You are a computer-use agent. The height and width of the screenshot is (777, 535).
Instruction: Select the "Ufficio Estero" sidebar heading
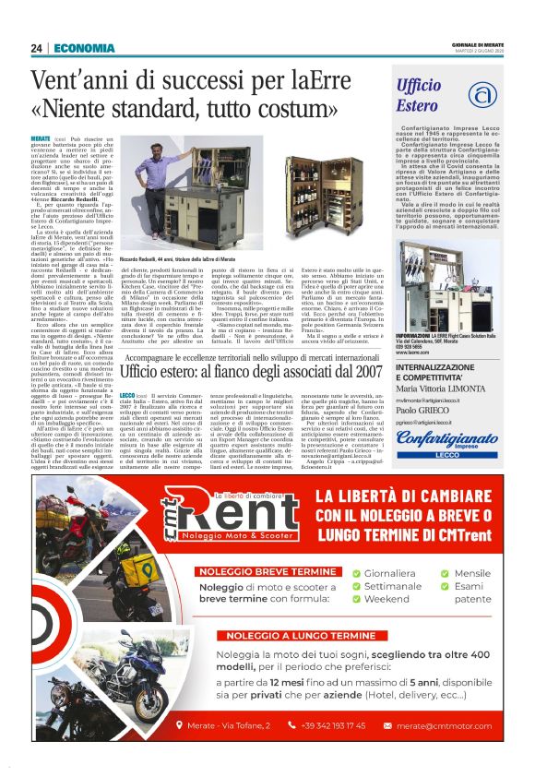(x=419, y=96)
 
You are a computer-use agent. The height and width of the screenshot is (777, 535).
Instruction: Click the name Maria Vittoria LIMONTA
(x=443, y=388)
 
